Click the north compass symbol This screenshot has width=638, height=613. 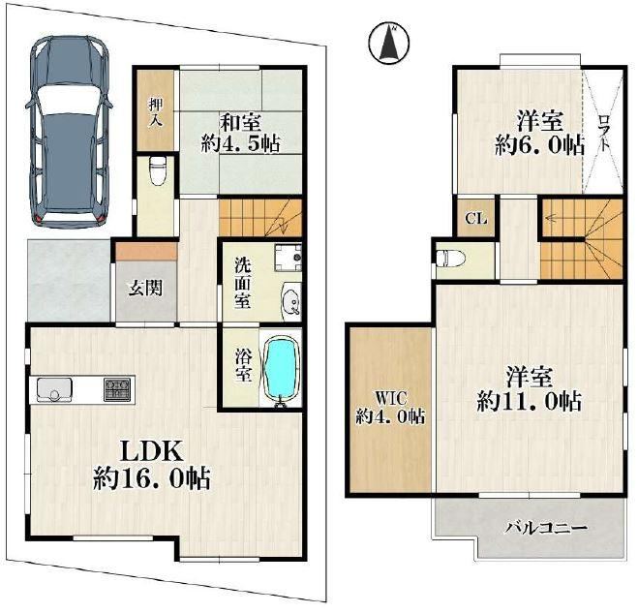389,43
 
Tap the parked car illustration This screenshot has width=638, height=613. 69,131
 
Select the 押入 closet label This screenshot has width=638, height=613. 156,110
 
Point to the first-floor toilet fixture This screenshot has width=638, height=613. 157,170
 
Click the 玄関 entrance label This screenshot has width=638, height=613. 145,289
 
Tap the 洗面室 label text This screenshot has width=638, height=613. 242,283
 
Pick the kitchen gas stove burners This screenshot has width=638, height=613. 117,389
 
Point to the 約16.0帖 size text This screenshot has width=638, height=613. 151,479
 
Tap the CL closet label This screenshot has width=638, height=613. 476,219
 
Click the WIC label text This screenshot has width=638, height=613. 390,398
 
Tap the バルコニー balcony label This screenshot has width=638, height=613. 546,529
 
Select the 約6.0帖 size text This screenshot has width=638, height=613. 539,145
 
